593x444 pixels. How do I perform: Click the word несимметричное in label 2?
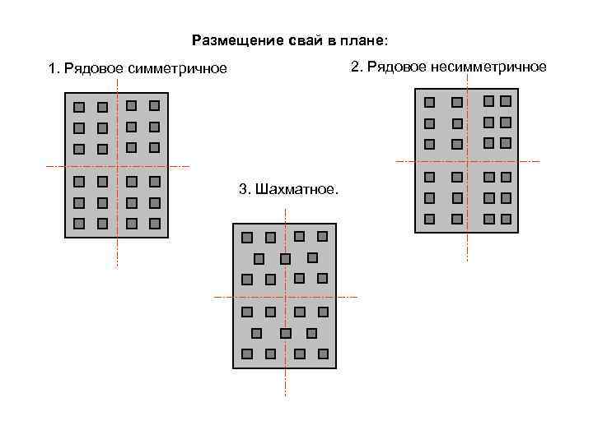(x=488, y=67)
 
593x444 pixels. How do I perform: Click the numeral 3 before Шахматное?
(x=242, y=190)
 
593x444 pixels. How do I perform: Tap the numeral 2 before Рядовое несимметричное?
(x=355, y=67)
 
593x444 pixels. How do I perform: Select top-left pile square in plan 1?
(x=79, y=107)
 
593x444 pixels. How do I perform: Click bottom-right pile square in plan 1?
(x=155, y=224)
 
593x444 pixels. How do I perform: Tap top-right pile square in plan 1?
(x=155, y=105)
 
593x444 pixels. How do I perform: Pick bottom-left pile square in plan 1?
(x=79, y=224)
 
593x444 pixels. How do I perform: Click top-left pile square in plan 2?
(x=429, y=102)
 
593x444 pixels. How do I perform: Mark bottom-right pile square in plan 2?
(x=506, y=219)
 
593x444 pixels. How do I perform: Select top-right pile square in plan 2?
(x=506, y=100)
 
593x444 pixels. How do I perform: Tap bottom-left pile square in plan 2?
(x=429, y=219)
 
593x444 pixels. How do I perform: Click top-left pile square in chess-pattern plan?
(x=246, y=237)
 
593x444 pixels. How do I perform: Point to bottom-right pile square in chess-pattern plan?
(x=323, y=354)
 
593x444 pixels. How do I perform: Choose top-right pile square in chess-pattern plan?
(x=322, y=236)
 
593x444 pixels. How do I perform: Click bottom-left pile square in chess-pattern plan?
(x=246, y=354)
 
